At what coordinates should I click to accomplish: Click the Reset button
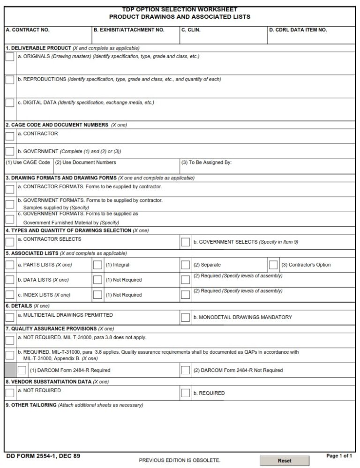pyautogui.click(x=285, y=461)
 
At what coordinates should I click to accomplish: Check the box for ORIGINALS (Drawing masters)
pyautogui.click(x=10, y=57)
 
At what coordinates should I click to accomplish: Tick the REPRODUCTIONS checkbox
pyautogui.click(x=10, y=80)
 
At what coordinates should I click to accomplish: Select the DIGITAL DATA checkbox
pyautogui.click(x=10, y=103)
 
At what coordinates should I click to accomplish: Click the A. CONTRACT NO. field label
pyautogui.click(x=27, y=30)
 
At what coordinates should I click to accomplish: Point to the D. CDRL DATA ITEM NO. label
pyautogui.click(x=298, y=30)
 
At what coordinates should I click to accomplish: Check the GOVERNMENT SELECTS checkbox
pyautogui.click(x=186, y=242)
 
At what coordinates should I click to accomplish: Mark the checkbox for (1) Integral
pyautogui.click(x=97, y=265)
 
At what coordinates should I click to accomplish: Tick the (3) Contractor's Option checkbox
pyautogui.click(x=273, y=265)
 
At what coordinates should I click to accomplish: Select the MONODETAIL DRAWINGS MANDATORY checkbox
pyautogui.click(x=186, y=318)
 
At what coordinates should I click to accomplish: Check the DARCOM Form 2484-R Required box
pyautogui.click(x=22, y=370)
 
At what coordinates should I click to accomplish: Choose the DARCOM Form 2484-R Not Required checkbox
pyautogui.click(x=186, y=370)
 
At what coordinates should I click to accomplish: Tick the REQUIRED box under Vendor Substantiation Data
pyautogui.click(x=186, y=393)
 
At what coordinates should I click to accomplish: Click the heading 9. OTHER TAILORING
pyautogui.click(x=31, y=405)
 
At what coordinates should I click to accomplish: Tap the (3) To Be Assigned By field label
pyautogui.click(x=206, y=163)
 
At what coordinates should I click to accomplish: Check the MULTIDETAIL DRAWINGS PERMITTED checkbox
pyautogui.click(x=10, y=318)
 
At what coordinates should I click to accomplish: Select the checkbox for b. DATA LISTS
pyautogui.click(x=10, y=280)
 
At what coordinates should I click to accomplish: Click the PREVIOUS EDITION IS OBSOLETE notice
pyautogui.click(x=180, y=461)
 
